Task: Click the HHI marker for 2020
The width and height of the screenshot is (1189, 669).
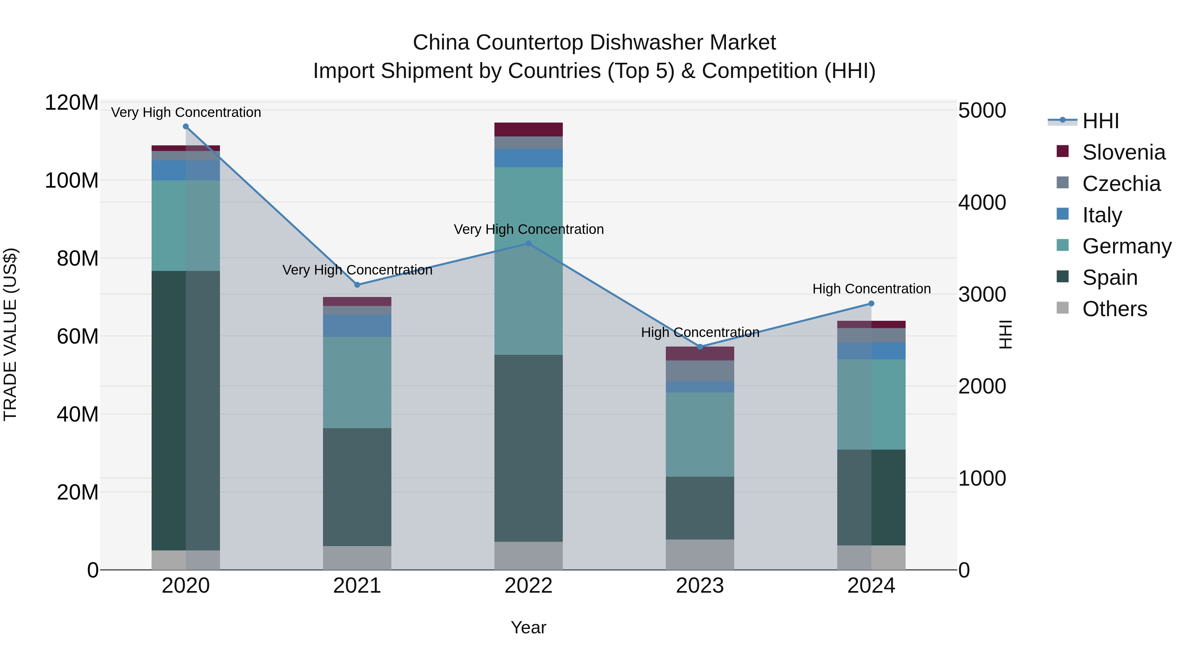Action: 186,126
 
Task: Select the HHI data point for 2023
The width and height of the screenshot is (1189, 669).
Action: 700,347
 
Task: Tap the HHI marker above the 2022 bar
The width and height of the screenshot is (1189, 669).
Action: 528,243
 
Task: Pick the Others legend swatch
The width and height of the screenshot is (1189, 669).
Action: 1063,308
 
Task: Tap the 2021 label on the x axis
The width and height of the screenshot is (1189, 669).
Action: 357,586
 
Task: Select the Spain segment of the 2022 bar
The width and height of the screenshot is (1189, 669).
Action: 528,448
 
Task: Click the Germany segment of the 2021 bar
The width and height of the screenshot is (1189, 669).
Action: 357,382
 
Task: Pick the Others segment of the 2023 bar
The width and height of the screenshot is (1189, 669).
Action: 700,554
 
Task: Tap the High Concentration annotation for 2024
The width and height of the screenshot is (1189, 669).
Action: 871,288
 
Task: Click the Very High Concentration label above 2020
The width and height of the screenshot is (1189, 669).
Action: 186,112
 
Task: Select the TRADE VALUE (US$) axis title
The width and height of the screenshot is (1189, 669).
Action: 10,334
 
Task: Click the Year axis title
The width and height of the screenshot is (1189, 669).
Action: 528,627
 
